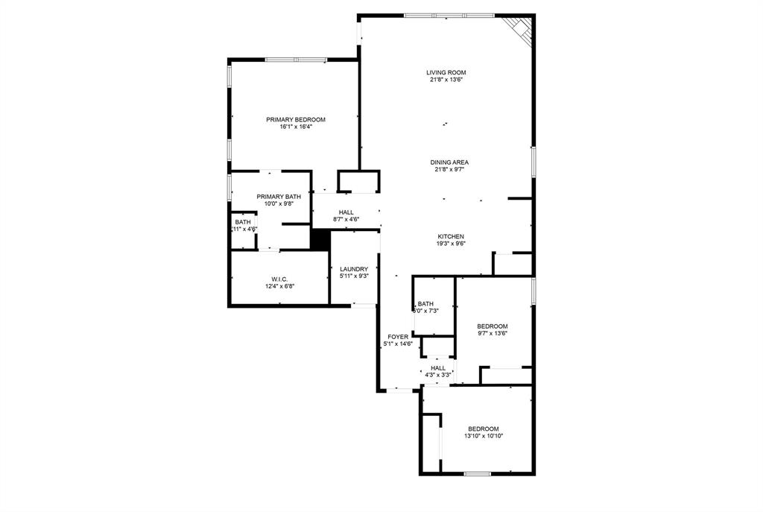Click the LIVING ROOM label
[x=446, y=72]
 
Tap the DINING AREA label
[x=449, y=162]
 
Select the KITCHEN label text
[x=451, y=236]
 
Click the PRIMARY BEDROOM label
[x=296, y=119]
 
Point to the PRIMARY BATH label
[x=279, y=196]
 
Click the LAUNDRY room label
[x=354, y=269]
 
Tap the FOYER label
[x=398, y=337]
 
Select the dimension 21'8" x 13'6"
[x=446, y=80]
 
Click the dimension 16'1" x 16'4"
[x=296, y=127]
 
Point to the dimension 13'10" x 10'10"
[x=483, y=436]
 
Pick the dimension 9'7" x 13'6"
[x=492, y=334]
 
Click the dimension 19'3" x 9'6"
[x=451, y=244]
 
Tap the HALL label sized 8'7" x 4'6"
[x=346, y=212]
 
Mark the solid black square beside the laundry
[x=320, y=239]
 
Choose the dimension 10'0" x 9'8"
[x=279, y=203]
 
